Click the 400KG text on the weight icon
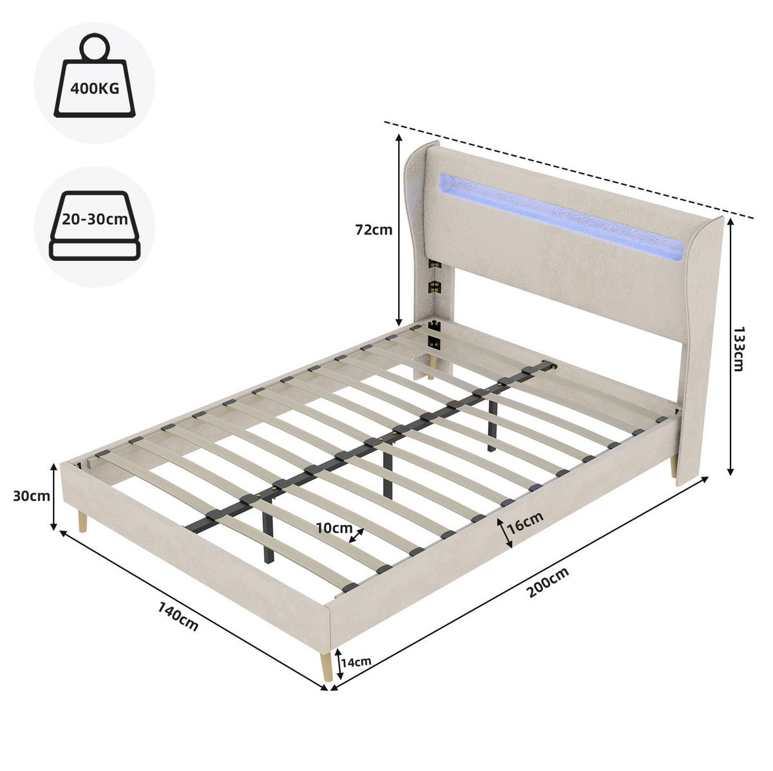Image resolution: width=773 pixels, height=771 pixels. [95, 88]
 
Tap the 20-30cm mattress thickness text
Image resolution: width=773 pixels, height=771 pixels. [95, 220]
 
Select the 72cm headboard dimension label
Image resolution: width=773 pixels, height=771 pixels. [374, 230]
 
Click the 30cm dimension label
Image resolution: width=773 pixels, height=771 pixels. [32, 496]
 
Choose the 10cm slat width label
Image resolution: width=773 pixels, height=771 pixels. [334, 528]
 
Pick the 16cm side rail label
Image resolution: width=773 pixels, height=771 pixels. [525, 522]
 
